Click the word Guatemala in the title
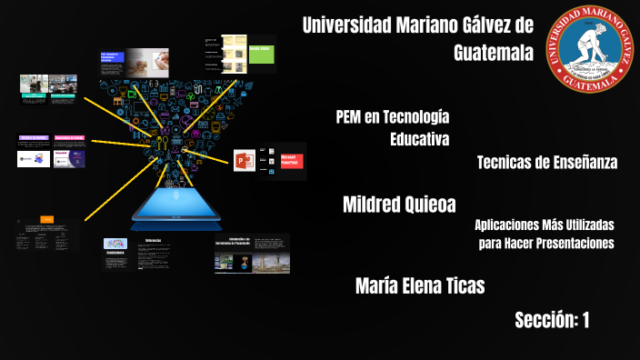click(494, 53)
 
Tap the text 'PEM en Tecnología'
click(392, 116)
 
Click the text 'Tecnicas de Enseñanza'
click(546, 162)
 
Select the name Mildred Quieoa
click(398, 204)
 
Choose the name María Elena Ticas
click(419, 286)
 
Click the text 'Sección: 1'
click(552, 319)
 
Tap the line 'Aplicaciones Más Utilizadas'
click(545, 225)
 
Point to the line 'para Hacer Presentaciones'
click(546, 243)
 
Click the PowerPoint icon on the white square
click(244, 161)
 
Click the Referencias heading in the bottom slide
click(154, 240)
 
